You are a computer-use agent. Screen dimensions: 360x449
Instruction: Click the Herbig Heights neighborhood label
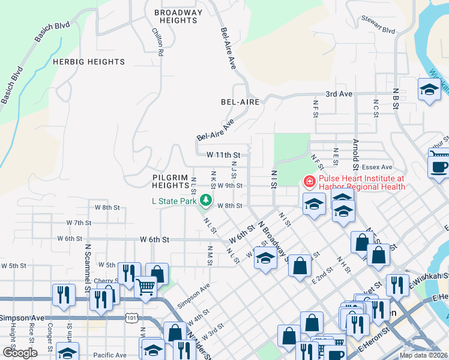coord(89,62)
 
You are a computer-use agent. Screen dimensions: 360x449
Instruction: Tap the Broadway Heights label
coord(178,16)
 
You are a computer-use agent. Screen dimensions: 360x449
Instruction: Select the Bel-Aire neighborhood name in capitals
coord(240,102)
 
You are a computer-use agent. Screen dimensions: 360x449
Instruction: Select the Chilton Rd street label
coord(157,41)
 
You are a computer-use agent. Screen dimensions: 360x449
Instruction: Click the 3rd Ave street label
coord(339,94)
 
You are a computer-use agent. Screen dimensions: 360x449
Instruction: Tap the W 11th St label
coord(223,155)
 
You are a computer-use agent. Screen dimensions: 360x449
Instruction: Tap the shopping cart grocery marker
coord(145,286)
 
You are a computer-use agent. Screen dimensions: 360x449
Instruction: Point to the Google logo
coord(20,353)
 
